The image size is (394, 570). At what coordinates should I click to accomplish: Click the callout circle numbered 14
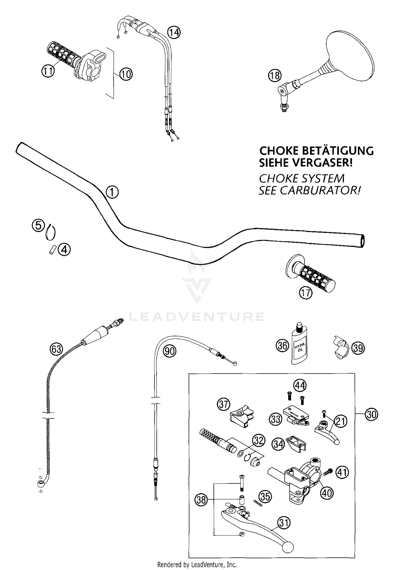pyautogui.click(x=174, y=33)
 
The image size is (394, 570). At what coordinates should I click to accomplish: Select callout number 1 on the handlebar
pyautogui.click(x=112, y=192)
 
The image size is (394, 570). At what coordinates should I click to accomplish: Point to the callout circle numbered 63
pyautogui.click(x=56, y=349)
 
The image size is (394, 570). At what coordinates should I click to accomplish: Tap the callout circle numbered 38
pyautogui.click(x=201, y=500)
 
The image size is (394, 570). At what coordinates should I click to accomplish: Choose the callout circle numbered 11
pyautogui.click(x=48, y=71)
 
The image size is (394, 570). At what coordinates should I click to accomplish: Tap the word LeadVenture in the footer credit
pyautogui.click(x=205, y=564)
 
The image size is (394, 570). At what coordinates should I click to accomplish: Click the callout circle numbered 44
pyautogui.click(x=300, y=386)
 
